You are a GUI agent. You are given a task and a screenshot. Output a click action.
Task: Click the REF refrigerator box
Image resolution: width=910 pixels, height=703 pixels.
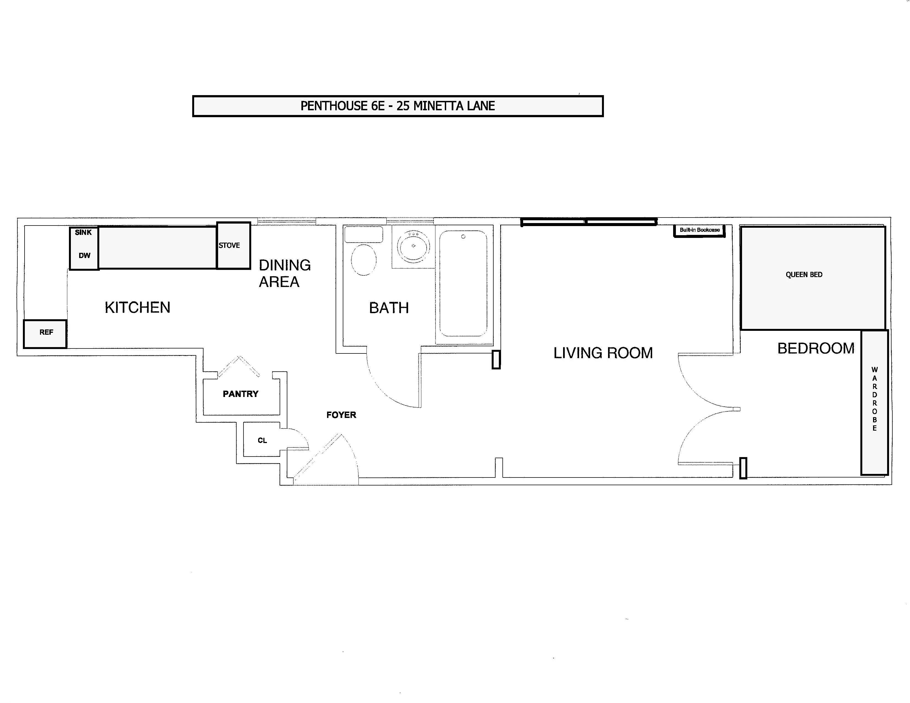pos(45,334)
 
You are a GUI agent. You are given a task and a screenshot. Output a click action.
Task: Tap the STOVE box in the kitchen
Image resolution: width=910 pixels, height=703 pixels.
pos(233,246)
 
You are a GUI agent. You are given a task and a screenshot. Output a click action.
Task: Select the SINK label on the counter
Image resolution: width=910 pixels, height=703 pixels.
pos(83,232)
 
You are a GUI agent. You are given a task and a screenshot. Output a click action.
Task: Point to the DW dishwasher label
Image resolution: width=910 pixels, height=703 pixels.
pos(85,255)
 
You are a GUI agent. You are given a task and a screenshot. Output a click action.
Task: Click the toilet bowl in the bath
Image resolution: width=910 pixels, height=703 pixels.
pos(364,260)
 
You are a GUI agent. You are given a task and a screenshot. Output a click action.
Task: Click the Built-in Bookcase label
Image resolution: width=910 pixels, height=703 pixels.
pos(700,230)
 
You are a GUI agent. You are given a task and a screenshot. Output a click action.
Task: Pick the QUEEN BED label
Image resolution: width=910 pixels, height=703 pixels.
pos(804,275)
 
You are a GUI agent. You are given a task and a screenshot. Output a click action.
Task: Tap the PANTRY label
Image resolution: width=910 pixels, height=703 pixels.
pos(240,394)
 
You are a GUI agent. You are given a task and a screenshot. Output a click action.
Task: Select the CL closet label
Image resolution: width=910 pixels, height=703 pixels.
pos(262,440)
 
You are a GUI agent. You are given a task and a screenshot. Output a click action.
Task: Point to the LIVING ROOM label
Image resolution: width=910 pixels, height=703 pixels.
pos(603,353)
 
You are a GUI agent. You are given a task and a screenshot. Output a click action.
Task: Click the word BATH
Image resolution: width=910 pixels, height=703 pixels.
pos(389,308)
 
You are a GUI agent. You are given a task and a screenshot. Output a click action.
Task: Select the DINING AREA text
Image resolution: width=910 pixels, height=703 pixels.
pos(285,273)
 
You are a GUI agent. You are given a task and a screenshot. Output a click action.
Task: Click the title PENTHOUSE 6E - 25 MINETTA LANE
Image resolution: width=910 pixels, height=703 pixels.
pos(397,106)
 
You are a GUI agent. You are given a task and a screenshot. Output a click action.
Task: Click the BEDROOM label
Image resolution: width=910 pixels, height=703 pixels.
pos(815,348)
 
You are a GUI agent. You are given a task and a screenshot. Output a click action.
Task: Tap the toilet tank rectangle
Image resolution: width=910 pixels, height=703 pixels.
pos(363,235)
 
